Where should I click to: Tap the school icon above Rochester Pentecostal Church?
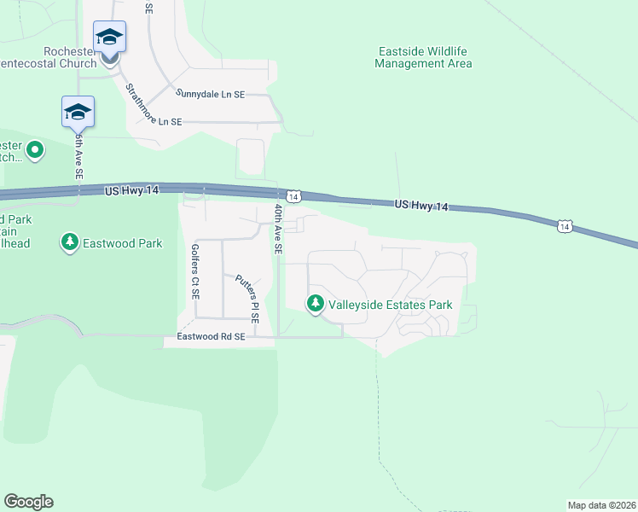point(109,38)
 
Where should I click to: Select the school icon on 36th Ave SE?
point(78,113)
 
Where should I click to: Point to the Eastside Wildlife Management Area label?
point(424,57)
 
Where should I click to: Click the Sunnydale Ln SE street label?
point(210,94)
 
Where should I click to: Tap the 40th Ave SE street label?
point(278,230)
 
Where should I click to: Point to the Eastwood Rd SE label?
point(211,337)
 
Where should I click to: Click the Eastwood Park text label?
point(122,243)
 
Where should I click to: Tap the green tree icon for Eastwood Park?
point(69,243)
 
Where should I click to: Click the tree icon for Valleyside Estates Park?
point(316,303)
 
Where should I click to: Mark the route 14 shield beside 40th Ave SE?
point(293,197)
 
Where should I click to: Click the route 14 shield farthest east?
point(564,225)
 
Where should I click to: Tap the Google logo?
point(28,502)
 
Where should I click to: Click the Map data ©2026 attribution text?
point(601,505)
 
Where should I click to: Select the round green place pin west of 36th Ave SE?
point(35,151)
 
